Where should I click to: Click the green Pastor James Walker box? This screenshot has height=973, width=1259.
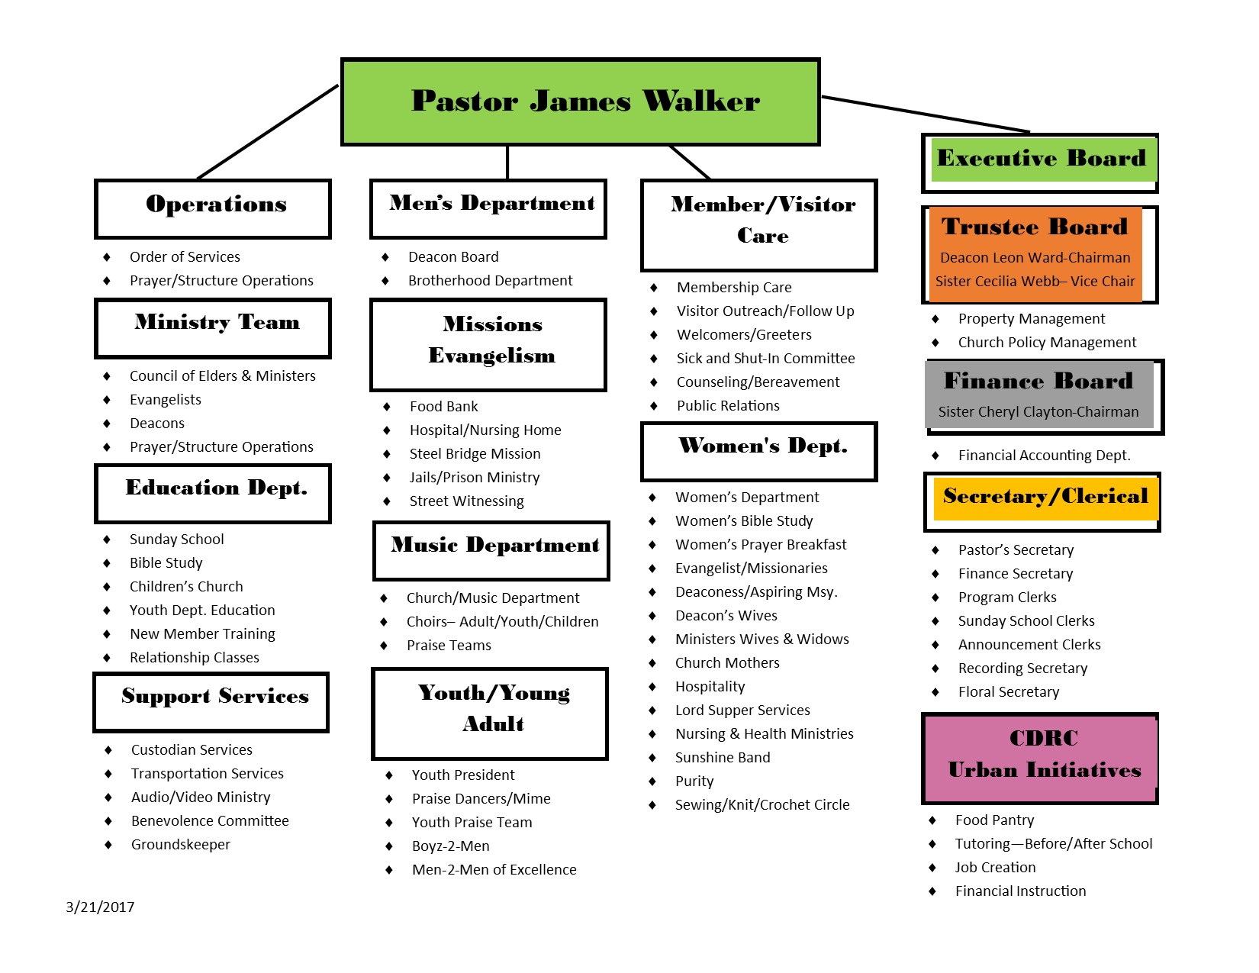coord(581,101)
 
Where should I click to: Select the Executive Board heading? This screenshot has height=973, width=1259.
coord(1042,158)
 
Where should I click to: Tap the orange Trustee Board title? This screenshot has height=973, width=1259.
coord(1035,227)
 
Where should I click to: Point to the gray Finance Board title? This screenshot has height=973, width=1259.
coord(1038,381)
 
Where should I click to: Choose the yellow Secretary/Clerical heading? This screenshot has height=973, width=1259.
coord(1045,497)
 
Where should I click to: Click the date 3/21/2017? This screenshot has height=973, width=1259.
coord(100,907)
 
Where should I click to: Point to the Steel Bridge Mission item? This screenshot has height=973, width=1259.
coord(475,454)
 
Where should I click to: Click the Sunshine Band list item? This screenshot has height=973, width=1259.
coord(723,758)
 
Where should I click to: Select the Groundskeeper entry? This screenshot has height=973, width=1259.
coord(181,845)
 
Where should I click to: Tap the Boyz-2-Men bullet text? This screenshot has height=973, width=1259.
coord(451,846)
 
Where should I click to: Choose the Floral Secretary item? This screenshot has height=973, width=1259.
coord(1009,692)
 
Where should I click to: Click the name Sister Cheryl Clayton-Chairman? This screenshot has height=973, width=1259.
coord(1038,412)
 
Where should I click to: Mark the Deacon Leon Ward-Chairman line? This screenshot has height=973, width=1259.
coord(1035,258)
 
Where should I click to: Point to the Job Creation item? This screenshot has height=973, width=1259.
coord(996,868)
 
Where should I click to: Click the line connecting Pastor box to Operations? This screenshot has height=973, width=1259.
coord(267,132)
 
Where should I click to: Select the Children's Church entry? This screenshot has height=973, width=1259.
coord(186,587)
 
